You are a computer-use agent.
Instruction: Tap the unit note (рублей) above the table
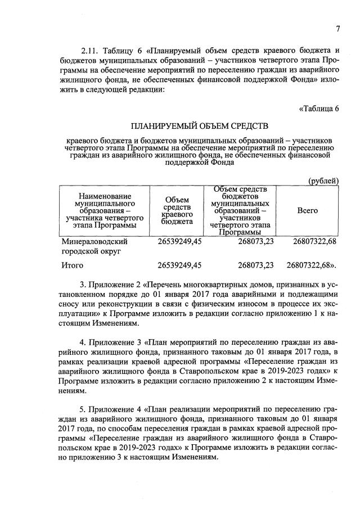coord(323,181)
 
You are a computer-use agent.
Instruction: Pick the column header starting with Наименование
coord(100,210)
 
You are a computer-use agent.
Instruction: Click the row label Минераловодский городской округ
coord(94,246)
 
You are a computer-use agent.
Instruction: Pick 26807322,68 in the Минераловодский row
coord(314,241)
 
